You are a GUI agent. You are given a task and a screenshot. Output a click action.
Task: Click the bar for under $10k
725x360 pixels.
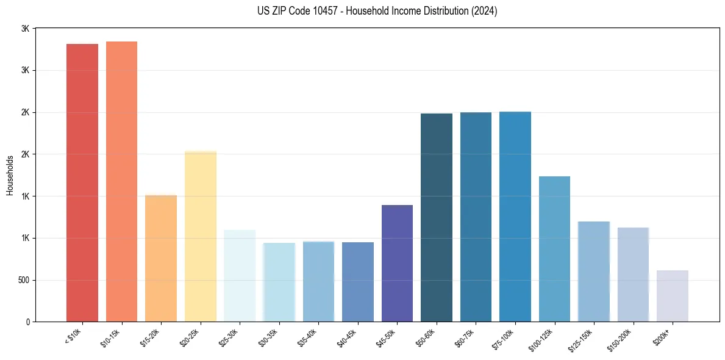click(x=82, y=183)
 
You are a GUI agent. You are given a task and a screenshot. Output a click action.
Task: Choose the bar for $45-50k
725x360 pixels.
click(x=397, y=263)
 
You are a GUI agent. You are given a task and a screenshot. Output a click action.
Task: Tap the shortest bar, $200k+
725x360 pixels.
click(x=673, y=296)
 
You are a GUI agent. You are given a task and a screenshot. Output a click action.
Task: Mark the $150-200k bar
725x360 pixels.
click(x=633, y=275)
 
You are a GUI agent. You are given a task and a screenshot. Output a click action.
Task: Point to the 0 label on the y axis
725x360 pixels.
click(x=27, y=322)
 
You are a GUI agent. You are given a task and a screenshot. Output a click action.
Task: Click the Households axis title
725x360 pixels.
click(x=10, y=175)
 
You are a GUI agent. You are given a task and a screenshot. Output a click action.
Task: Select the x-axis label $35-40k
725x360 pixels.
click(x=310, y=337)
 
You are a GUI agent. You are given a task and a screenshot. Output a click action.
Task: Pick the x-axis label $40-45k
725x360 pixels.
click(x=349, y=337)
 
